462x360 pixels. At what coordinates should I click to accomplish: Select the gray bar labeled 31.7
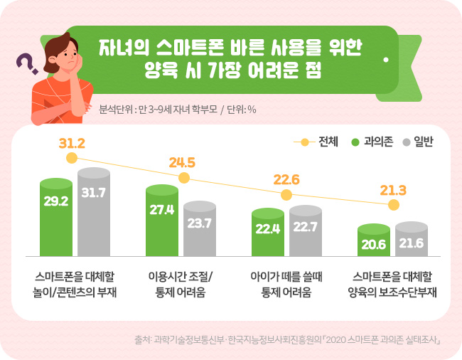coord(94,211)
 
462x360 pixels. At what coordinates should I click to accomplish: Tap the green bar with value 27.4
coord(162,221)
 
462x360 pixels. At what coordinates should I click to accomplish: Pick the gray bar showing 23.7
coord(200,228)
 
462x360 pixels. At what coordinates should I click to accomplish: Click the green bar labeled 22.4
coord(267,231)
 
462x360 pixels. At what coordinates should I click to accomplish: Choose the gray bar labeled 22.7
coord(305,230)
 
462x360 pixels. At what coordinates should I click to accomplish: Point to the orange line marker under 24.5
coord(183,178)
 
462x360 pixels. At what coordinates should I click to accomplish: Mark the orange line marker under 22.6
coord(286,194)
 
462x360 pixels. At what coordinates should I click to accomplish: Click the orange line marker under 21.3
coord(393,206)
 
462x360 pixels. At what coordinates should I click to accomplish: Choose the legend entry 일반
coord(417,141)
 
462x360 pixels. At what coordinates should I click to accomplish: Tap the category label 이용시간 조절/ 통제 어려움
coord(181,284)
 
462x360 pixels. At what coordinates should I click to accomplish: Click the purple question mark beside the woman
coord(27,64)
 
